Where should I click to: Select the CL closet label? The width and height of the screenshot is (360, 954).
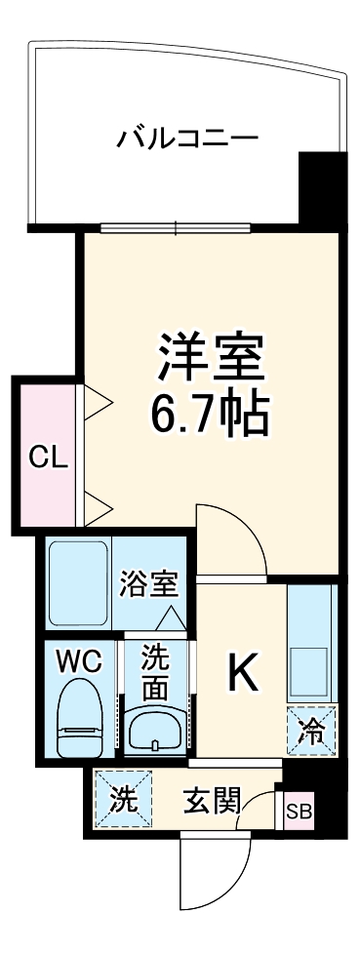pyautogui.click(x=46, y=457)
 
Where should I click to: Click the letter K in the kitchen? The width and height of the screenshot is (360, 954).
pyautogui.click(x=242, y=672)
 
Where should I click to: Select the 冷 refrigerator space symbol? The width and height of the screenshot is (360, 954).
pyautogui.click(x=310, y=727)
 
